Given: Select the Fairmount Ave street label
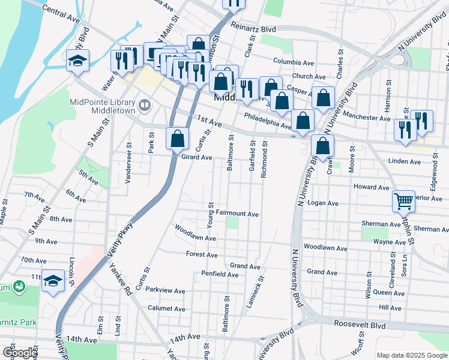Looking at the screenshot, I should [x=237, y=214].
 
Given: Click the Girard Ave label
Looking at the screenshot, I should [x=197, y=157].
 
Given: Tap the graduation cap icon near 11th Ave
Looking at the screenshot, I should [x=53, y=281].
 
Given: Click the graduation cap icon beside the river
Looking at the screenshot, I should [x=78, y=61].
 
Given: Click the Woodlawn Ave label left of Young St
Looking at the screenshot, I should [x=194, y=233].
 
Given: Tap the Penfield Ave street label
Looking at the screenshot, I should [x=220, y=275].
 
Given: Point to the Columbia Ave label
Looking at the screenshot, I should [x=294, y=62].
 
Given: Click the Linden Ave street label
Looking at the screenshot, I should [x=405, y=161].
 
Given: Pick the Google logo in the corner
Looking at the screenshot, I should [x=20, y=353].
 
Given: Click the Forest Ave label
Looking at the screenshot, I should [x=202, y=254].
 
